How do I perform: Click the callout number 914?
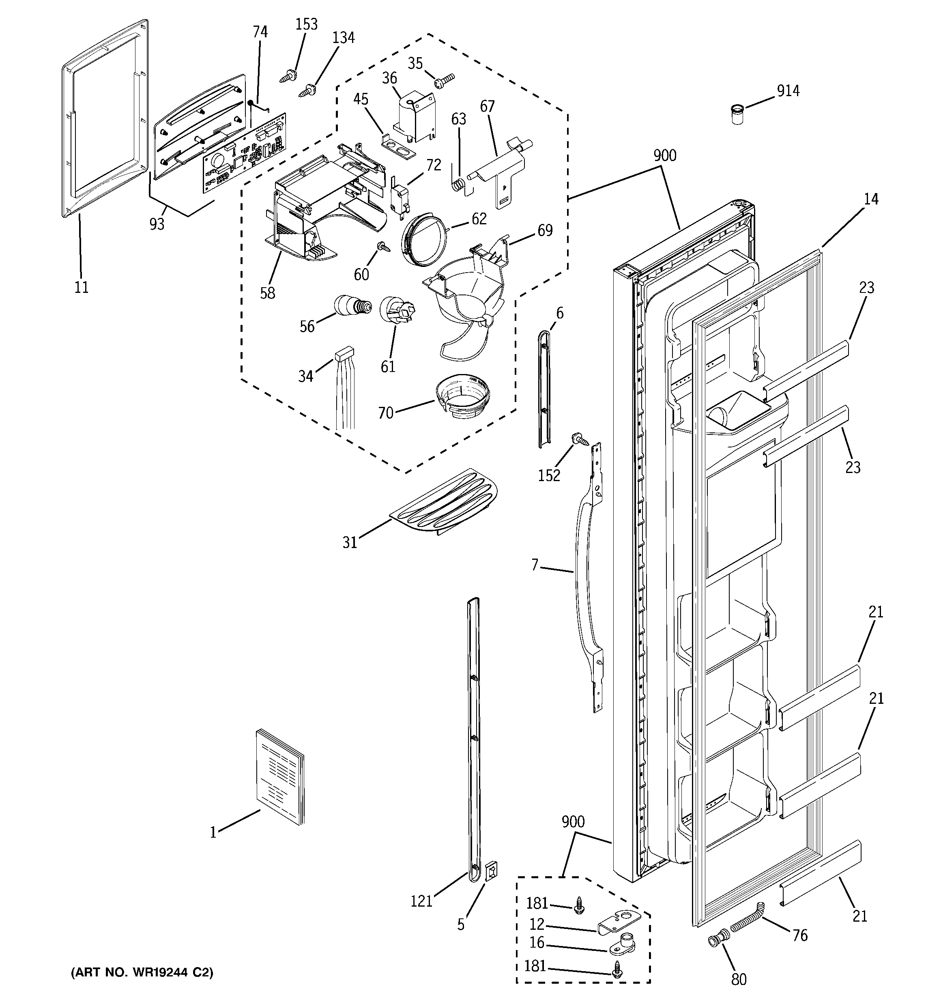point(788,91)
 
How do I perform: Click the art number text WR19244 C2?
point(142,973)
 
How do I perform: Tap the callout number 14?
point(870,200)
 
